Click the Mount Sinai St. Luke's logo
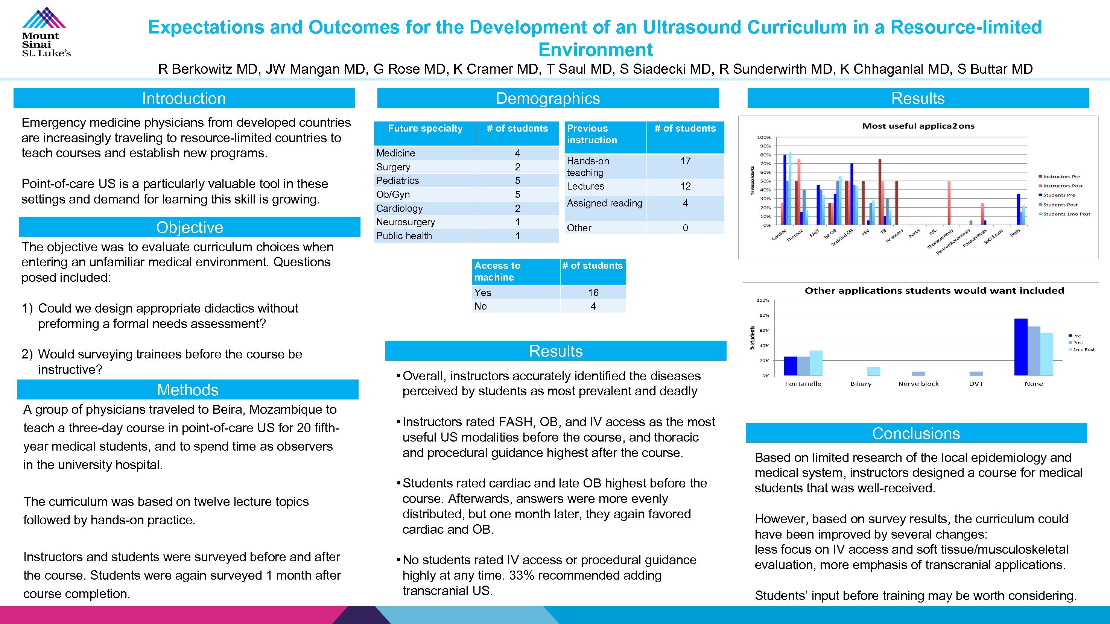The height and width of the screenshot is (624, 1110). pyautogui.click(x=46, y=32)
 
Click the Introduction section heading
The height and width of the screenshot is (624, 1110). pyautogui.click(x=184, y=98)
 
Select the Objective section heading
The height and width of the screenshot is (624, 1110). pyautogui.click(x=190, y=227)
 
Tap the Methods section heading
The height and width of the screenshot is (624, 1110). pyautogui.click(x=187, y=389)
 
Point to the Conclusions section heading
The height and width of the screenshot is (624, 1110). pyautogui.click(x=916, y=433)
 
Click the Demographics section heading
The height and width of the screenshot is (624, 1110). pyautogui.click(x=548, y=98)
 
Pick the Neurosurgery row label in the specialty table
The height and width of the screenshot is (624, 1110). pyautogui.click(x=406, y=222)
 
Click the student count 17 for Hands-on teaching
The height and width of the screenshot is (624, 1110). pyautogui.click(x=685, y=161)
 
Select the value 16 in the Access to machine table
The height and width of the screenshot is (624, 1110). pyautogui.click(x=593, y=292)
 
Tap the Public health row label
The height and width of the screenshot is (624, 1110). pyautogui.click(x=404, y=235)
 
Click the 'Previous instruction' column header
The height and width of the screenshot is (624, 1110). pyautogui.click(x=591, y=134)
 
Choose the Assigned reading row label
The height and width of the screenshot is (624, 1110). pyautogui.click(x=604, y=203)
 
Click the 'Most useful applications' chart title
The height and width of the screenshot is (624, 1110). pyautogui.click(x=918, y=126)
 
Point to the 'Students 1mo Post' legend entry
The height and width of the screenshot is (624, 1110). pyautogui.click(x=1066, y=214)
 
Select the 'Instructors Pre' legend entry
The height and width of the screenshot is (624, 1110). pyautogui.click(x=1061, y=176)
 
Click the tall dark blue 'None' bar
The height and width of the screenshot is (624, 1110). pyautogui.click(x=1021, y=347)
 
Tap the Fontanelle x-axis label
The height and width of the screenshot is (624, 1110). pyautogui.click(x=803, y=384)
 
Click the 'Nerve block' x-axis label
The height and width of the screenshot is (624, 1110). pyautogui.click(x=918, y=384)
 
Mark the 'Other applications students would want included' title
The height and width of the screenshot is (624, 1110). pyautogui.click(x=934, y=291)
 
